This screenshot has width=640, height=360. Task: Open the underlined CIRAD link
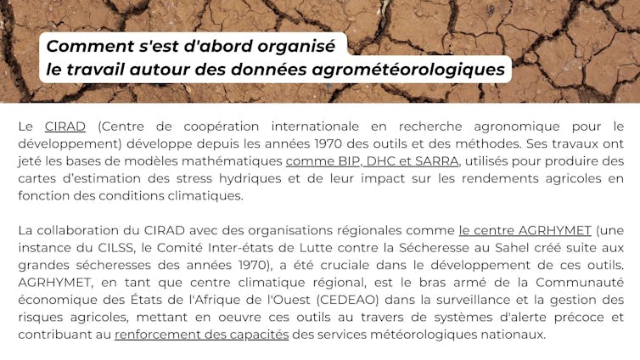coord(65,127)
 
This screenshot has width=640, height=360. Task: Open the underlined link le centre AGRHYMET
coord(525,230)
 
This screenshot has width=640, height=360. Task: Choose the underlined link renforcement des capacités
coord(201,335)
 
